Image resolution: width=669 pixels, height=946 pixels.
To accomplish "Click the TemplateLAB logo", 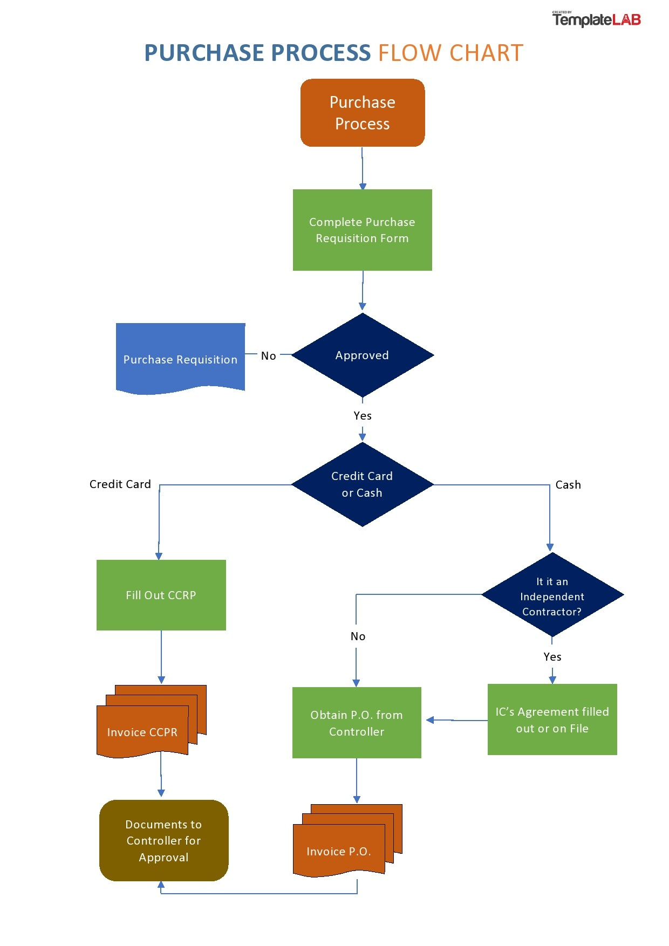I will [596, 20].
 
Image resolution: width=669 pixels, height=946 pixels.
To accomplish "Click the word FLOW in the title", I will [410, 53].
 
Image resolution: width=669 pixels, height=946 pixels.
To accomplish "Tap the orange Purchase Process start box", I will [363, 113].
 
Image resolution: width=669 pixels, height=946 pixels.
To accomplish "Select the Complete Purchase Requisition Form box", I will [363, 230].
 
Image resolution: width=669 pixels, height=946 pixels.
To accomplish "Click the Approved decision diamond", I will [363, 355].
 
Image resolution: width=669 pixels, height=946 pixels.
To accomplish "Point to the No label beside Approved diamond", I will [268, 356].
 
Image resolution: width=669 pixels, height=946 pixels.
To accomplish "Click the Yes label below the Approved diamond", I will [363, 416].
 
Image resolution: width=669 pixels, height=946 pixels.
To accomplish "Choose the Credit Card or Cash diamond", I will [363, 484].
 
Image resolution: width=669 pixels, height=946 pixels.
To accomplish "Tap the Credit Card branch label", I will [120, 484].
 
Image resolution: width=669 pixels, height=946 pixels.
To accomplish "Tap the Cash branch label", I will [568, 485].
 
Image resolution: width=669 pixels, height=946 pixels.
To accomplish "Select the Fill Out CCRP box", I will [161, 595].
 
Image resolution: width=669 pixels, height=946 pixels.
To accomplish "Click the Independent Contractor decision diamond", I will [552, 595].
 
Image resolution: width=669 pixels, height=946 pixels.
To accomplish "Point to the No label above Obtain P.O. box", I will [358, 636].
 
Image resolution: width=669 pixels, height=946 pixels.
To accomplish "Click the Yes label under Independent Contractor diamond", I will [552, 657].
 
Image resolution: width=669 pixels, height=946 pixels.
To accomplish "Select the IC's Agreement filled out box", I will [552, 719].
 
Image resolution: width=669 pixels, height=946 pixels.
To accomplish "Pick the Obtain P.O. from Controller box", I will [357, 723].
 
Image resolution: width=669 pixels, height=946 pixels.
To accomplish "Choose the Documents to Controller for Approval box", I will [163, 840].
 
